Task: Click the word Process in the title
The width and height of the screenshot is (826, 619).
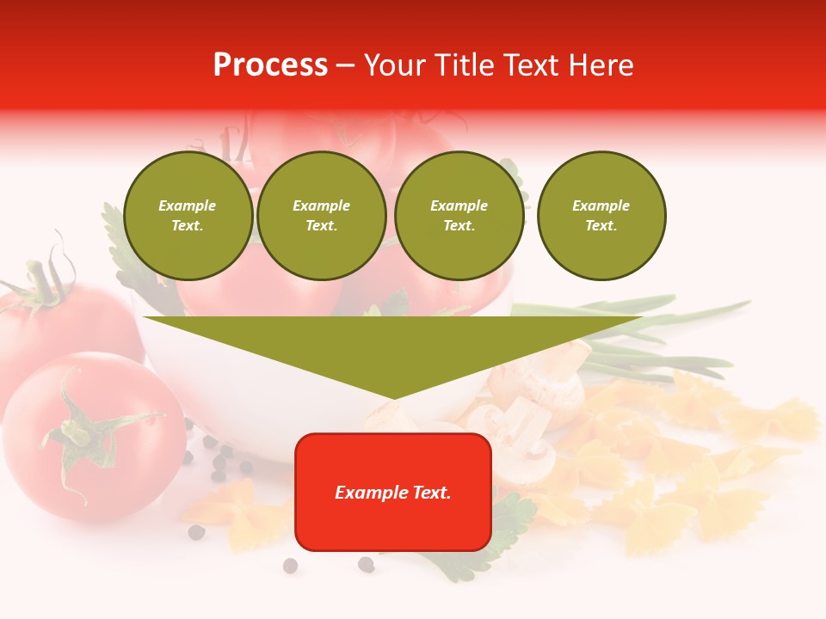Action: click(x=270, y=65)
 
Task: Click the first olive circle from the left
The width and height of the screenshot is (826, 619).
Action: click(x=188, y=216)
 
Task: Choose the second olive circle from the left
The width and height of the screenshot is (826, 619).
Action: click(x=322, y=216)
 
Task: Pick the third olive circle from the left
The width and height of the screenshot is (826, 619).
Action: click(x=459, y=216)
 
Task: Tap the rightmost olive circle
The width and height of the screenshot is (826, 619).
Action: click(x=601, y=216)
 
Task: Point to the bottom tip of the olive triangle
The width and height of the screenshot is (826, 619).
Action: click(x=394, y=397)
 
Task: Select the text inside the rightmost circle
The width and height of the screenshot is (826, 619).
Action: click(x=601, y=216)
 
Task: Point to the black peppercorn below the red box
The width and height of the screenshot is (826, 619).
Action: click(x=366, y=564)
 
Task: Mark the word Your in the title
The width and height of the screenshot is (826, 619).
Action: click(x=398, y=65)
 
